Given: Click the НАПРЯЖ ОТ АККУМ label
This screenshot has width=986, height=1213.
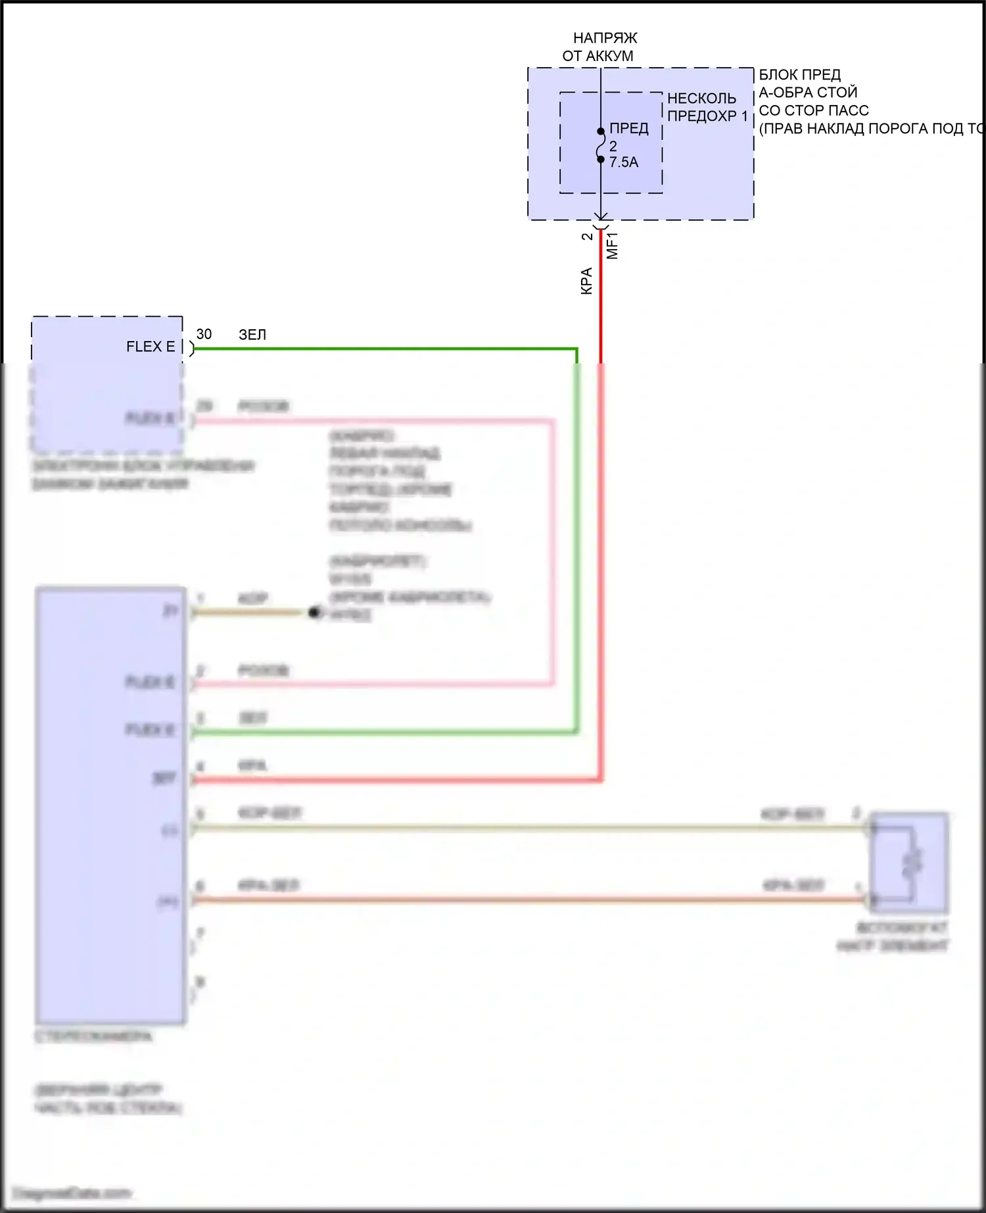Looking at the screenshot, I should [599, 47].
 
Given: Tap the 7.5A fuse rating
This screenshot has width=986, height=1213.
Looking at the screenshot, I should [624, 162].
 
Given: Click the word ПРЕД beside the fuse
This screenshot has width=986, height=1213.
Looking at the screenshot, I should [629, 129].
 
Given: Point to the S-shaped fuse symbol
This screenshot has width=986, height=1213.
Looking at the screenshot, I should [600, 145].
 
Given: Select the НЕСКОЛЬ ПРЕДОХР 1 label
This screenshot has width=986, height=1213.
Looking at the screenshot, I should [707, 107].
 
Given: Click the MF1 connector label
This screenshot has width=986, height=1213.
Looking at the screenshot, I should [613, 245].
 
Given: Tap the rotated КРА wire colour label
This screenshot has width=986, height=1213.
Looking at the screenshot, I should [587, 281].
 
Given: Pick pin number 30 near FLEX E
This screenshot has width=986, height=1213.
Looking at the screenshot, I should [204, 334].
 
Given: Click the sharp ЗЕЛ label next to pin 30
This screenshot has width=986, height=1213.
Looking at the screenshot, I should [252, 334].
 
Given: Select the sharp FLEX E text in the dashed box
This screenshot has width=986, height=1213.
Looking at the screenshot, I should [151, 347].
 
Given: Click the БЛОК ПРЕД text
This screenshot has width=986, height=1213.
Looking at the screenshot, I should [799, 75].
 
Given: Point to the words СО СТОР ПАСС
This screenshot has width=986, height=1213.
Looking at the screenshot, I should [814, 110].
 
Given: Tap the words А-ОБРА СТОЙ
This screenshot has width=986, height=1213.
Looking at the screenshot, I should [808, 93].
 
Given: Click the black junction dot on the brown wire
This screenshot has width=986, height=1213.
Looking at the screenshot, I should [314, 612].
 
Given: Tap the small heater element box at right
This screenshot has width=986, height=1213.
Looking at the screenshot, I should [910, 862].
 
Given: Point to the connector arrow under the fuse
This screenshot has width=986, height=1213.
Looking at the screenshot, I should [601, 216].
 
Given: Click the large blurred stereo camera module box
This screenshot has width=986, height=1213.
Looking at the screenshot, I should [110, 805].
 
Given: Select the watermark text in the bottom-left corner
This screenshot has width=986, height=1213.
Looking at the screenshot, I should [72, 1193].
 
